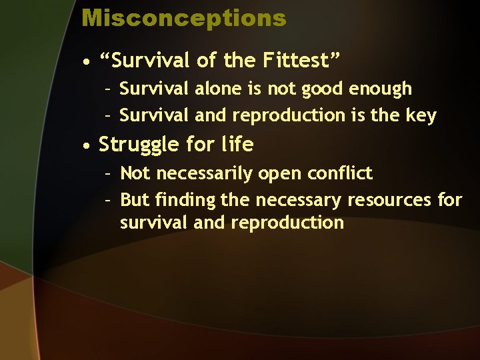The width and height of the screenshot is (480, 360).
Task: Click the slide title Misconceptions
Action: (x=183, y=18)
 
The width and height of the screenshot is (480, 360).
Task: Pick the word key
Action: (x=421, y=115)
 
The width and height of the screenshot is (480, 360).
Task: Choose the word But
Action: (x=135, y=199)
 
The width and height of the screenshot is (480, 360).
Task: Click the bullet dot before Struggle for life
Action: (x=87, y=145)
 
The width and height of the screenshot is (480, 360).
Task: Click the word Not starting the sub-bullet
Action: (x=135, y=173)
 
